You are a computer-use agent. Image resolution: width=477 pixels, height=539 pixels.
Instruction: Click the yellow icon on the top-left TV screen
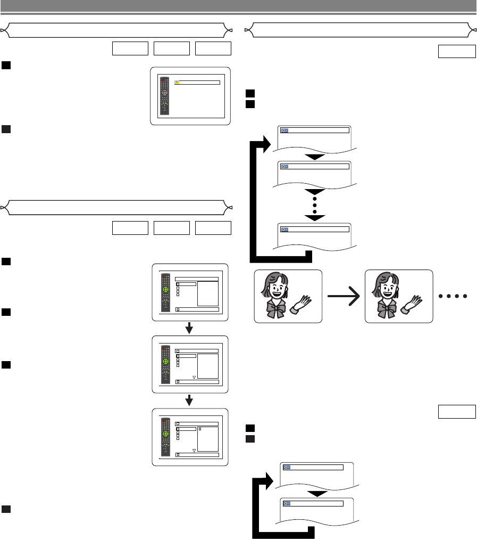click(177, 83)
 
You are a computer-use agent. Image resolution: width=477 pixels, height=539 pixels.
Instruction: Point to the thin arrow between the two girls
click(343, 296)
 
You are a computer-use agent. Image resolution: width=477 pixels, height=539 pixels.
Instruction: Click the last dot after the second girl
click(465, 296)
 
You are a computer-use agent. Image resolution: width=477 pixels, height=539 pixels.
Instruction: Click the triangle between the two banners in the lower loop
click(317, 493)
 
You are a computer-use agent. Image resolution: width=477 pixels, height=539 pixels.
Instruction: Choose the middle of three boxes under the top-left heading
click(171, 48)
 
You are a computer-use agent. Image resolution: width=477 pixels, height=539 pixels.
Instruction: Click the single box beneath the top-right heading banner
click(456, 51)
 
